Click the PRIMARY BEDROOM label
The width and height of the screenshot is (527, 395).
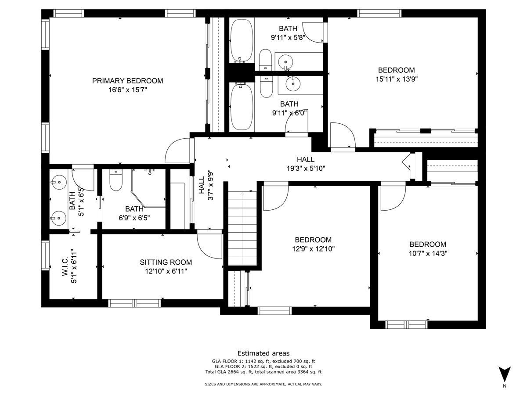click(127, 81)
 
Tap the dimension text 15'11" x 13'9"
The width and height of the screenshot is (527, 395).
click(397, 79)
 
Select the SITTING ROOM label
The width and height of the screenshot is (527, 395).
click(166, 262)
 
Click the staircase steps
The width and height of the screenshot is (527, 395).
click(242, 229)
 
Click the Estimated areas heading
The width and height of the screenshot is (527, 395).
click(263, 353)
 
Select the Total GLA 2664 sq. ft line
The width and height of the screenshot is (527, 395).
click(263, 372)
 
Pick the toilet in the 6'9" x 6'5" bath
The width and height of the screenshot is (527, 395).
click(116, 180)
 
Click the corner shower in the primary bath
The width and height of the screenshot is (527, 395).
click(148, 188)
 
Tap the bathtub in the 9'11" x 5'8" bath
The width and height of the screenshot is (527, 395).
click(241, 40)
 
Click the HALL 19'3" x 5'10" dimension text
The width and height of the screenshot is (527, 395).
click(306, 169)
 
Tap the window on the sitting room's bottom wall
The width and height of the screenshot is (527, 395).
click(134, 303)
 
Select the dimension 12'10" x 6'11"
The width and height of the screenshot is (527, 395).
click(166, 271)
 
